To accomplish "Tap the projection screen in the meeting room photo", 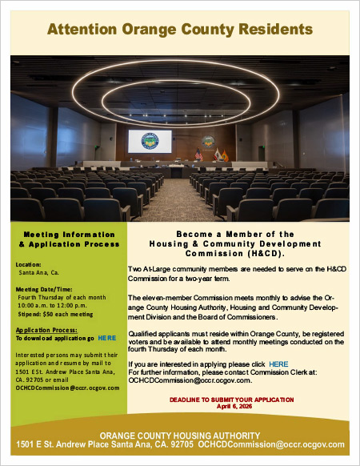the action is pos(150,141).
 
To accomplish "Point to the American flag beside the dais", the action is pos(198,153).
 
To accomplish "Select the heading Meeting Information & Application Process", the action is pos(70,238).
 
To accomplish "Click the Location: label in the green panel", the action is pos(28,263).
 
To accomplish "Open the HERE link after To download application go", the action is pos(106,338).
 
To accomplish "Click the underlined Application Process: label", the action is pos(46,329).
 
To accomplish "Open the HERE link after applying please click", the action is pos(278,364).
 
